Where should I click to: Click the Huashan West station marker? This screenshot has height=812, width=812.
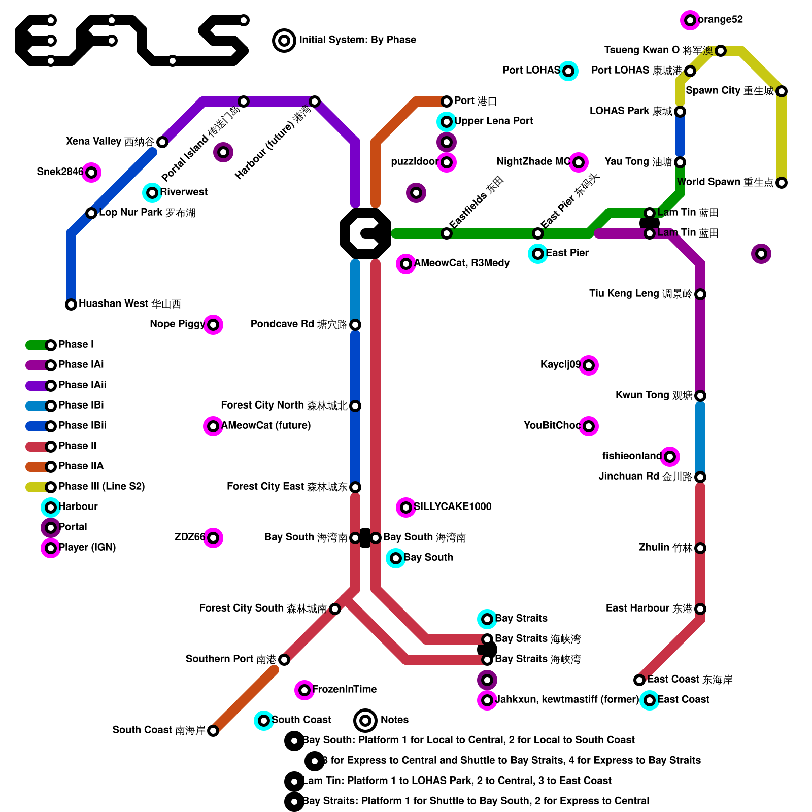[x=71, y=304]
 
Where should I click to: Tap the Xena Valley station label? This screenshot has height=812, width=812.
[x=110, y=142]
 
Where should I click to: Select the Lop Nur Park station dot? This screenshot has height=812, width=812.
[x=91, y=213]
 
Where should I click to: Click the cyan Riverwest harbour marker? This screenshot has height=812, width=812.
[x=152, y=193]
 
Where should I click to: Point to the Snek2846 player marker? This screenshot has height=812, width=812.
[x=91, y=173]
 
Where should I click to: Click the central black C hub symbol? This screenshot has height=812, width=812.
[x=365, y=233]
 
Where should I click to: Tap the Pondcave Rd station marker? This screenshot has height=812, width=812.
[x=355, y=325]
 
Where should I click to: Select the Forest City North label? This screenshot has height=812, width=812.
[x=284, y=405]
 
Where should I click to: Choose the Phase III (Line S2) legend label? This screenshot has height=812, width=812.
[x=101, y=487]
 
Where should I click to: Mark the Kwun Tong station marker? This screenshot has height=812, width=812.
[x=700, y=396]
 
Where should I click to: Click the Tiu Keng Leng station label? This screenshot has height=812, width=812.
[x=640, y=294]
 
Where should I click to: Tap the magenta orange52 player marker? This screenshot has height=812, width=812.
[x=690, y=20]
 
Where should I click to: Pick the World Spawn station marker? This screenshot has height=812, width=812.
[x=782, y=183]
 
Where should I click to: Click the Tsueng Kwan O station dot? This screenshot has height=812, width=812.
[x=721, y=51]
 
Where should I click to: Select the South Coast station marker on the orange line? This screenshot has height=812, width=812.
[x=213, y=731]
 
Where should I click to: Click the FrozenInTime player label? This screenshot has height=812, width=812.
[x=344, y=689]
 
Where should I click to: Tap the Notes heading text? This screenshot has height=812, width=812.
[x=394, y=720]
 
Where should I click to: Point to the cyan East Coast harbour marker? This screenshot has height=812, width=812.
[x=650, y=700]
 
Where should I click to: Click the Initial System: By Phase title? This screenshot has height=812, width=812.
[x=357, y=40]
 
